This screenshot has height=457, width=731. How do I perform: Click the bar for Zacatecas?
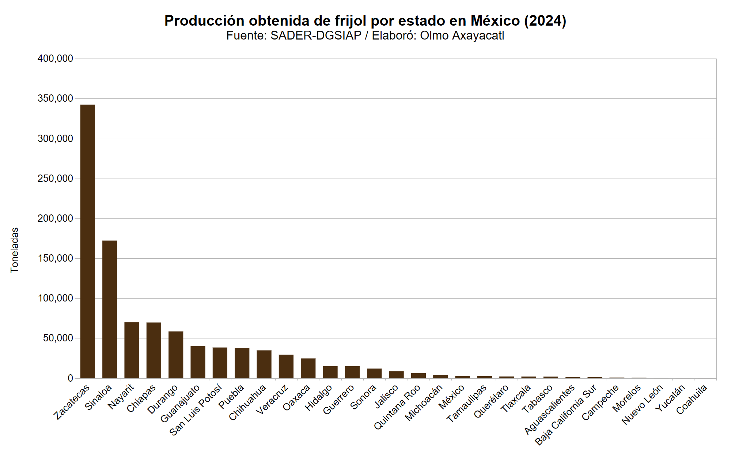88,241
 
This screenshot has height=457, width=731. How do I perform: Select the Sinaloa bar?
110,309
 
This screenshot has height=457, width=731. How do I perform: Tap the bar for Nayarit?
132,350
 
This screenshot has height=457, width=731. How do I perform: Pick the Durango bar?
176,355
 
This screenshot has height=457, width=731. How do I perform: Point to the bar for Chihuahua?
264,364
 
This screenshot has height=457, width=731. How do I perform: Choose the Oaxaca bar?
308,368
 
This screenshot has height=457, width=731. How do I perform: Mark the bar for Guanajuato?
198,362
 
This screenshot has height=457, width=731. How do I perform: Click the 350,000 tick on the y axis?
55,99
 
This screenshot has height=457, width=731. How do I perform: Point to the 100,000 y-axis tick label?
55,299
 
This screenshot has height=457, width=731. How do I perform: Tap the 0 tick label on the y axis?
70,379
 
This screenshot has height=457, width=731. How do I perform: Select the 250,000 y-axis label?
55,179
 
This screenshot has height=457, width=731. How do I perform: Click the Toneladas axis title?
15,250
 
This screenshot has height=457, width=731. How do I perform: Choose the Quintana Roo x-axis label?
397,407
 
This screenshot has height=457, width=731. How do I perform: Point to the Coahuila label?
692,400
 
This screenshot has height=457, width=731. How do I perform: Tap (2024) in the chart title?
545,21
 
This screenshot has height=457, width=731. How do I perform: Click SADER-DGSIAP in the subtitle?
316,35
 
